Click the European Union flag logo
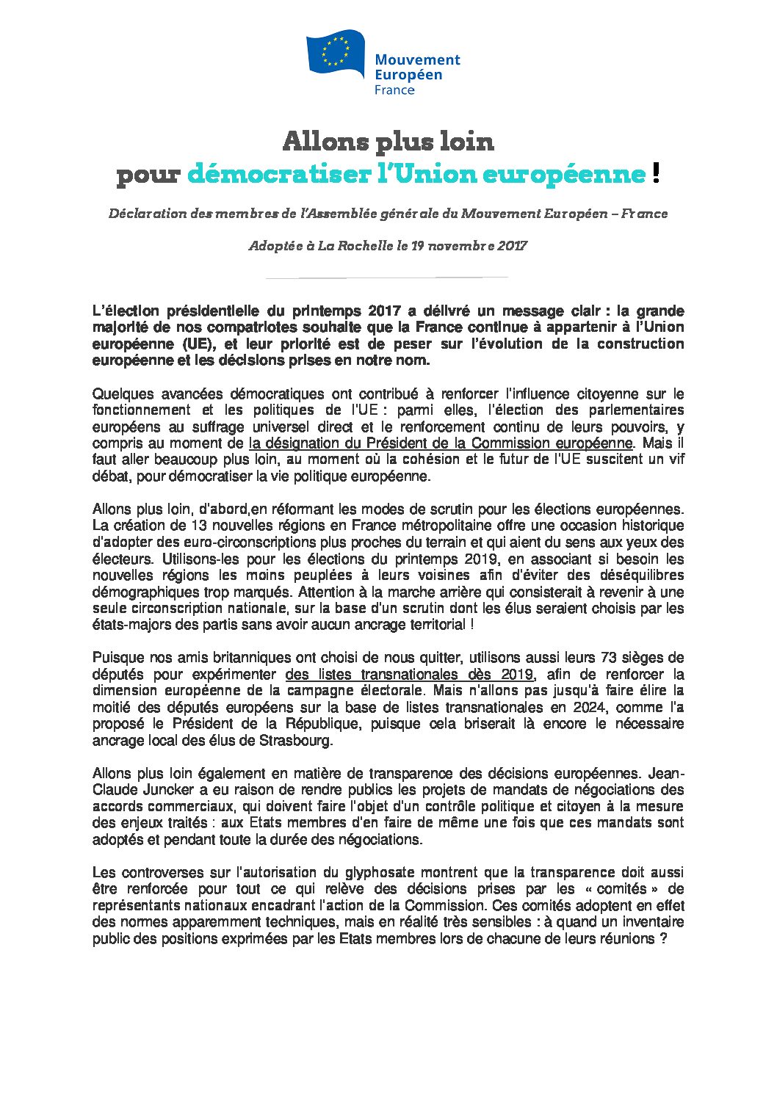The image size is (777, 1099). pyautogui.click(x=336, y=52)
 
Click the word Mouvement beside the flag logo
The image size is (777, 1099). pyautogui.click(x=417, y=60)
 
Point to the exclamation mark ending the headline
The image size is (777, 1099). pyautogui.click(x=656, y=173)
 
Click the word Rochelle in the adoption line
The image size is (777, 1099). pyautogui.click(x=365, y=246)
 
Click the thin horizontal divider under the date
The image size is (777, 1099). pyautogui.click(x=386, y=278)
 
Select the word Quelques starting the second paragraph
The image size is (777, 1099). pyautogui.click(x=124, y=394)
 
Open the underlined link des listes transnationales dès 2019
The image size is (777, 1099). pyautogui.click(x=409, y=675)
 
